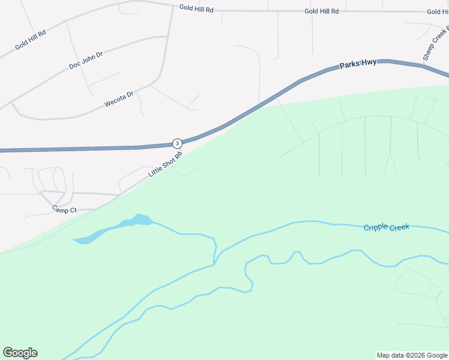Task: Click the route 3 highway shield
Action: coord(177,143)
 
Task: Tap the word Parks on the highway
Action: coord(349,65)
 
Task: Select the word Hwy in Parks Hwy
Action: coord(369,62)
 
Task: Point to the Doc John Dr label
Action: coord(86,60)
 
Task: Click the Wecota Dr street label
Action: coord(118,99)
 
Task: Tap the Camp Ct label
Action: coord(64,210)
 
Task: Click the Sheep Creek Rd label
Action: coord(435,43)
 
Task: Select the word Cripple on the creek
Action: coord(376,227)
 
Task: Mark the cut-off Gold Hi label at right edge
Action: coord(438,11)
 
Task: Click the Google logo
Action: coord(20,353)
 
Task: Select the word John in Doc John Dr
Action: coord(88,59)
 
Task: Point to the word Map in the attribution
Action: coord(384,355)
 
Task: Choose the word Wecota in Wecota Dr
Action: coord(114,101)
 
